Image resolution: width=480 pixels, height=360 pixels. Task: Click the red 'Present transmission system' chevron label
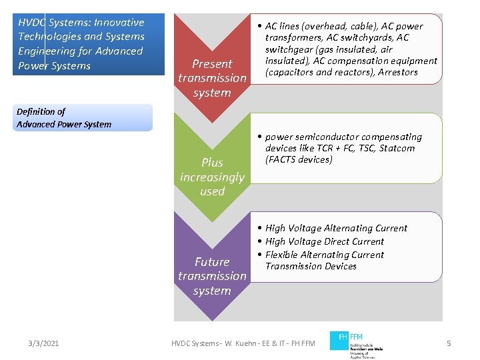[212, 78]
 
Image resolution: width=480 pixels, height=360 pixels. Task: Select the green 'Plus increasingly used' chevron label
[212, 177]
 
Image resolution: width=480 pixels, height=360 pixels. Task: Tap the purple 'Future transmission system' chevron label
[212, 276]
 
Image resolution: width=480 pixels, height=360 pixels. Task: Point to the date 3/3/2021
[43, 343]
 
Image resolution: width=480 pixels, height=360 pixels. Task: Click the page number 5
[449, 343]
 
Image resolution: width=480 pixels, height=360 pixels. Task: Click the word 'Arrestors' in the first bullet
[397, 72]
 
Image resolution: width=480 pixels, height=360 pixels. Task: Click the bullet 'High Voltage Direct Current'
[325, 241]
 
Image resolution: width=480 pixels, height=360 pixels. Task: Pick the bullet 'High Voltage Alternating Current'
[336, 228]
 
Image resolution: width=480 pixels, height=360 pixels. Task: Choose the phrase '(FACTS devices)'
[299, 159]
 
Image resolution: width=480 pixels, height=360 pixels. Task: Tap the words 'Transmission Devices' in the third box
[311, 266]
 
